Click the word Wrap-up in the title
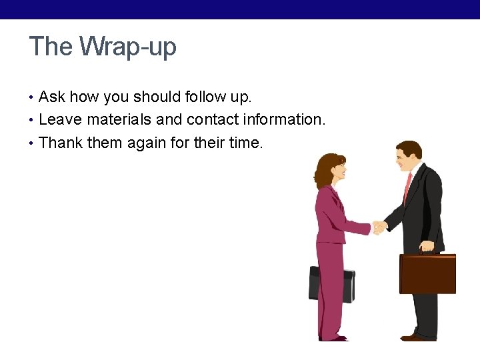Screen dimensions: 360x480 [x=128, y=47]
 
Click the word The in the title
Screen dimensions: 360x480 [x=51, y=47]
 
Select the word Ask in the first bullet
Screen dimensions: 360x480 [x=52, y=97]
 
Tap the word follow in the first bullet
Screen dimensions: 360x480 [x=193, y=97]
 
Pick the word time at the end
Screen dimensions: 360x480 [x=245, y=142]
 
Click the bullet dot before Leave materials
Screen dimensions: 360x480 [x=33, y=120]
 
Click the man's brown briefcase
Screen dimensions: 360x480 [x=427, y=273]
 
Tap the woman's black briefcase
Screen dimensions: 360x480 [x=331, y=284]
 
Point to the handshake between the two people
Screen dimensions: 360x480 [x=379, y=227]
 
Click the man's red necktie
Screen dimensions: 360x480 [x=407, y=187]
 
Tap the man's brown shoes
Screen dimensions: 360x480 [x=418, y=337]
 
